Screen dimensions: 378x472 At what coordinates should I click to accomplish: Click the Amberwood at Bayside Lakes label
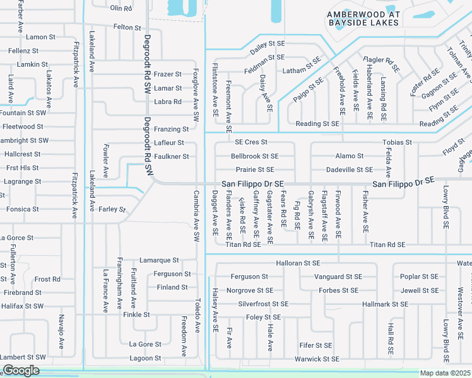coord(363,18)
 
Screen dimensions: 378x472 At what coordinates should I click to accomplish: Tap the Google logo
coord(21,370)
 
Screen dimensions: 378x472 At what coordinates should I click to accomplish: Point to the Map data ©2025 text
coord(445,373)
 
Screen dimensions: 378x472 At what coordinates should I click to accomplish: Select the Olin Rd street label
coord(121,8)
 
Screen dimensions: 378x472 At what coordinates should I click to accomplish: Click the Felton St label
coord(127,28)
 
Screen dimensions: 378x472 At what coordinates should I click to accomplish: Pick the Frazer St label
coord(168,74)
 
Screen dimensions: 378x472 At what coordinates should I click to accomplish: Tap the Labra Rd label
coord(168,101)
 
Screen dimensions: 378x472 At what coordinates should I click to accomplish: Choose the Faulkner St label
coord(172,156)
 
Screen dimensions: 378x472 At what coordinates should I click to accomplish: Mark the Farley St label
coord(112,209)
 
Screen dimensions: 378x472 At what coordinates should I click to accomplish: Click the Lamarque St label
coord(159,260)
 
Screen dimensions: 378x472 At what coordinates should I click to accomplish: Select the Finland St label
coord(172,287)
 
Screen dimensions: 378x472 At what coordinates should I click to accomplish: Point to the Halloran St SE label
coord(298,263)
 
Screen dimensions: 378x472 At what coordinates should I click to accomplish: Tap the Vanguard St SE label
coord(338,277)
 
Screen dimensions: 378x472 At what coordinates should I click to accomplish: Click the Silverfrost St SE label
coord(263,304)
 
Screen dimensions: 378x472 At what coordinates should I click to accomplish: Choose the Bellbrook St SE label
coord(254,156)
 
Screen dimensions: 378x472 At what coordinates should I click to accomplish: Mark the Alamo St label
coord(350,156)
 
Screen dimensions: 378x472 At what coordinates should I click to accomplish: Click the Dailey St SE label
coord(268,43)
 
